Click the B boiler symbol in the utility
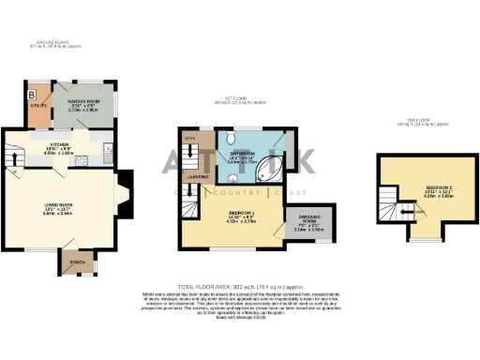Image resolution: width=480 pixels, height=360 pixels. [32, 96]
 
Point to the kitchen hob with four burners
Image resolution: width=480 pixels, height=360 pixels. [82, 159]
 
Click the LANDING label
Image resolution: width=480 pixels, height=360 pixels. [198, 175]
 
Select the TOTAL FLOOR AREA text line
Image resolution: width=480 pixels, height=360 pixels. [239, 285]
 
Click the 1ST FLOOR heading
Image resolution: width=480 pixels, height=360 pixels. [247, 98]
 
